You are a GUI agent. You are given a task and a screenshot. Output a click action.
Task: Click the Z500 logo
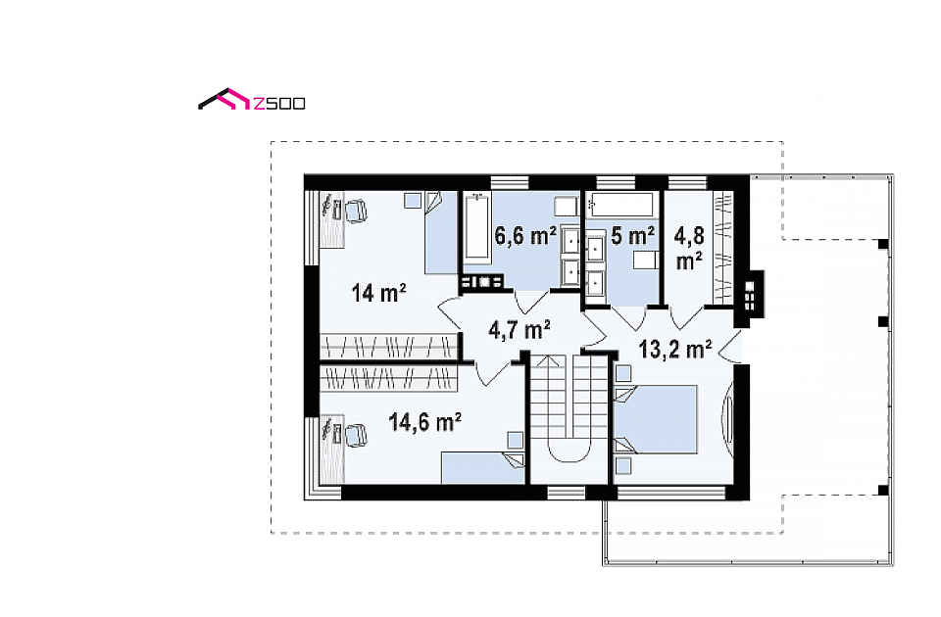pos(252,100)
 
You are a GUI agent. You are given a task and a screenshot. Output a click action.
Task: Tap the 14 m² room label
pos(378,293)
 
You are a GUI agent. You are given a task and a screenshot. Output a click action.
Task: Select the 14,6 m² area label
pos(424,421)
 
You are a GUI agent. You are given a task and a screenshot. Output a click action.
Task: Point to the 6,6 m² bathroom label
pos(525,236)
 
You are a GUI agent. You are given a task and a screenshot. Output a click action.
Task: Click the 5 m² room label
pos(632,236)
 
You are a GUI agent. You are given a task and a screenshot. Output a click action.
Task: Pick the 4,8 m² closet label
pos(688,248)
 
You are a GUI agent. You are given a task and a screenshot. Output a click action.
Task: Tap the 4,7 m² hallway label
pos(520,330)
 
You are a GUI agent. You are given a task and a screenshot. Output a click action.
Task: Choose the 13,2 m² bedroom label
pos(675,349)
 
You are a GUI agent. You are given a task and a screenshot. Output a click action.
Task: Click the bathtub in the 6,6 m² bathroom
pos(476,227)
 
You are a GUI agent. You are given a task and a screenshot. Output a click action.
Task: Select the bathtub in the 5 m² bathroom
pos(619,205)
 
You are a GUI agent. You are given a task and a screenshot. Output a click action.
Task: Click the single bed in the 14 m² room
pos(441,233)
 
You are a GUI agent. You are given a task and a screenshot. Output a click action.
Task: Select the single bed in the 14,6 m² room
pos(483,468)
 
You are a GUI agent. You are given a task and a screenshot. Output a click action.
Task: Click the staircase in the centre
pos(569,407)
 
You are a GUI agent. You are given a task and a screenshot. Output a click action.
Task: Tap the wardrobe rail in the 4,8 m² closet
pos(722,248)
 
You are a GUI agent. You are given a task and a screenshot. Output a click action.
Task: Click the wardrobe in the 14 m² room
pos(389,346)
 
